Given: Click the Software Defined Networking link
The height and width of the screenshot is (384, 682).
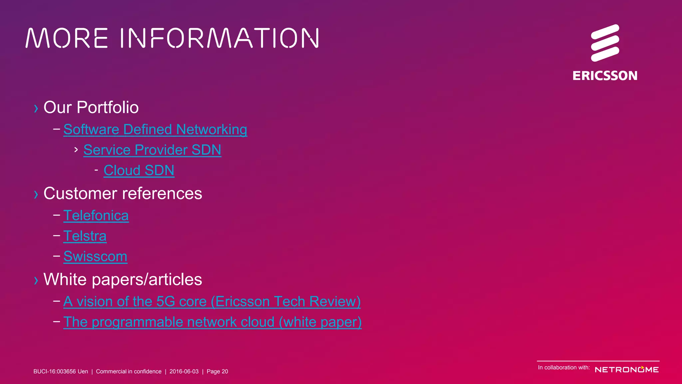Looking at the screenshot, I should pyautogui.click(x=155, y=129).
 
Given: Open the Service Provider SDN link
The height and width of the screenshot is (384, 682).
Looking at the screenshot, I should pyautogui.click(x=152, y=150).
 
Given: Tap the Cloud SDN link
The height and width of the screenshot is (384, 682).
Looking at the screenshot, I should pyautogui.click(x=139, y=170).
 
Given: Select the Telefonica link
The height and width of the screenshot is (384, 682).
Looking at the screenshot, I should pyautogui.click(x=96, y=216).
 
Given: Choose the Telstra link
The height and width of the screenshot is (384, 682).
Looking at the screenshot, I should pyautogui.click(x=85, y=236).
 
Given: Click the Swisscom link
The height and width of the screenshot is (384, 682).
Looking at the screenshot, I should pyautogui.click(x=95, y=257).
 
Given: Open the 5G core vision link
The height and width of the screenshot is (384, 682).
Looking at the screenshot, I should pyautogui.click(x=212, y=302).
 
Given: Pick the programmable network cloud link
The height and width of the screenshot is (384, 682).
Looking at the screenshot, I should pyautogui.click(x=212, y=322).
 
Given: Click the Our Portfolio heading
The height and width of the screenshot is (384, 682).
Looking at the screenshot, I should pyautogui.click(x=91, y=107).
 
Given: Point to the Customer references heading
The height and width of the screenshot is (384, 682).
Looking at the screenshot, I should pyautogui.click(x=123, y=193).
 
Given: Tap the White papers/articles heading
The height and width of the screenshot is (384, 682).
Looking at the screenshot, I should pyautogui.click(x=123, y=279).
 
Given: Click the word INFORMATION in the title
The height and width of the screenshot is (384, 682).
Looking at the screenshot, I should pyautogui.click(x=219, y=38).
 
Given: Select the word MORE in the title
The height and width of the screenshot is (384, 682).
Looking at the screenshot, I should pyautogui.click(x=67, y=38).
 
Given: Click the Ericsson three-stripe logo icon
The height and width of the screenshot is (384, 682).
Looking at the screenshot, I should pyautogui.click(x=605, y=43).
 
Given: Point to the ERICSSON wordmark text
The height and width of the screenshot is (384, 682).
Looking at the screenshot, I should pyautogui.click(x=605, y=76).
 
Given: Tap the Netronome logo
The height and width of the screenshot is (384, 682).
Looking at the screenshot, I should pyautogui.click(x=626, y=369).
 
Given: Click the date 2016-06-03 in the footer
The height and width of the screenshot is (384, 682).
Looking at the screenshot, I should pyautogui.click(x=184, y=371).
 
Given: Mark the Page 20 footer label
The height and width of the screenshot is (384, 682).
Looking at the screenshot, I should pyautogui.click(x=217, y=371).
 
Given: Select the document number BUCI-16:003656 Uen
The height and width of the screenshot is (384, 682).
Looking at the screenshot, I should pyautogui.click(x=61, y=371).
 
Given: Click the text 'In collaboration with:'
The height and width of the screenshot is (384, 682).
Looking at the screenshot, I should pyautogui.click(x=564, y=368).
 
